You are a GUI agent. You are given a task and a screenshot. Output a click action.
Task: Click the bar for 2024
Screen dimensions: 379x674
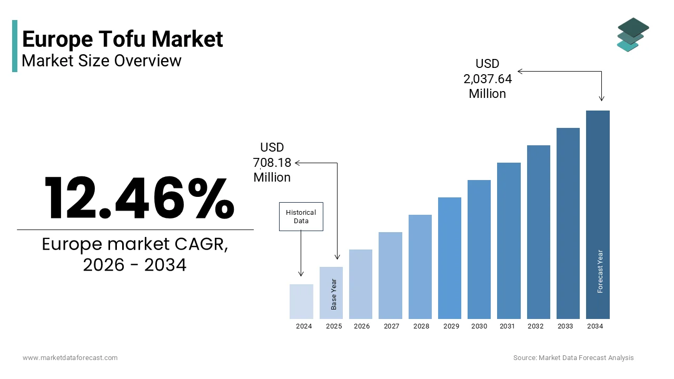(x=301, y=302)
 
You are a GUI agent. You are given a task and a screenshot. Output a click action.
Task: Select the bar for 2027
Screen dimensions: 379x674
(x=390, y=275)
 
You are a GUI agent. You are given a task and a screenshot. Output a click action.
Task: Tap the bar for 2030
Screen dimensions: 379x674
(x=479, y=250)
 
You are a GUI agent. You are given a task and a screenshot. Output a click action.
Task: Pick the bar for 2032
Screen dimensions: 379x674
(x=538, y=232)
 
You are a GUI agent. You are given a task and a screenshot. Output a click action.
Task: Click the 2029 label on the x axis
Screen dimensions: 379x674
(x=451, y=326)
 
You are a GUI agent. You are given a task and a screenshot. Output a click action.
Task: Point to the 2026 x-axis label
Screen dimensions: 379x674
(x=362, y=326)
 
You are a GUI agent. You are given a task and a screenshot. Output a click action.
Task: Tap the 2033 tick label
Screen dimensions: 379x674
(x=566, y=326)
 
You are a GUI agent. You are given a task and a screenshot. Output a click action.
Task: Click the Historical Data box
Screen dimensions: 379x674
(x=301, y=217)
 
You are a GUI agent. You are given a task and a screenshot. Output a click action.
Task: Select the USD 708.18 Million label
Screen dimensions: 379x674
(x=272, y=162)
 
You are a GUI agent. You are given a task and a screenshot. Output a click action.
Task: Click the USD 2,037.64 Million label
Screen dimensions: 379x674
(x=488, y=78)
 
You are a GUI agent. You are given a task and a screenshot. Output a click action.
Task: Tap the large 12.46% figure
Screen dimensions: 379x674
(x=138, y=198)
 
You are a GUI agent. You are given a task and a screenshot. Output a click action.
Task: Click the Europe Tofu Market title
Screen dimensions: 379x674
(x=123, y=39)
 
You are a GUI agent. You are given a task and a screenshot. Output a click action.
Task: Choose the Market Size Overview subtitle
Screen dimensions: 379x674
(x=102, y=61)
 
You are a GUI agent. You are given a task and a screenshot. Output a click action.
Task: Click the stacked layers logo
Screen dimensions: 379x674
(x=632, y=34)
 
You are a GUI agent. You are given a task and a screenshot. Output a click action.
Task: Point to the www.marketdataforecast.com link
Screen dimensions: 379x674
(x=70, y=358)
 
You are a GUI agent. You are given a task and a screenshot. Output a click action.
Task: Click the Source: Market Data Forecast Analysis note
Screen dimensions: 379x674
(x=573, y=358)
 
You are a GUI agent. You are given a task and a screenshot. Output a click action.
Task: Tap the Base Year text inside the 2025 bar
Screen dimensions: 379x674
(x=334, y=294)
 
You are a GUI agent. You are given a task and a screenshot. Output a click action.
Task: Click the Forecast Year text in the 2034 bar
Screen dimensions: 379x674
(x=600, y=271)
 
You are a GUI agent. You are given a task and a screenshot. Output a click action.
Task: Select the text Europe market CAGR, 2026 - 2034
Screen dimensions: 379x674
(x=135, y=255)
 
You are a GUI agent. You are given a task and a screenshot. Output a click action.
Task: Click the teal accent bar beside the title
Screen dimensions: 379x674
(x=15, y=46)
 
